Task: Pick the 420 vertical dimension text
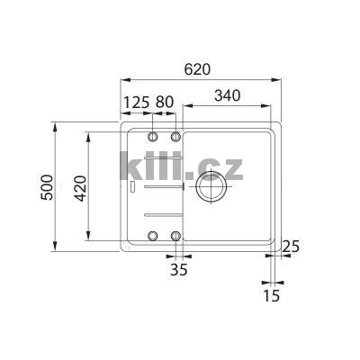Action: pos(79,185)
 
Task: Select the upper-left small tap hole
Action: pos(152,137)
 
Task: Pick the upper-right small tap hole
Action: pos(176,137)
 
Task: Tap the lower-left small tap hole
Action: pos(152,236)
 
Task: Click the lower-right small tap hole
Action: pos(176,236)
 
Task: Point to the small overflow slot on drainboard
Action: pos(132,187)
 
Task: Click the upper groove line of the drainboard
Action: pos(161,187)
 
